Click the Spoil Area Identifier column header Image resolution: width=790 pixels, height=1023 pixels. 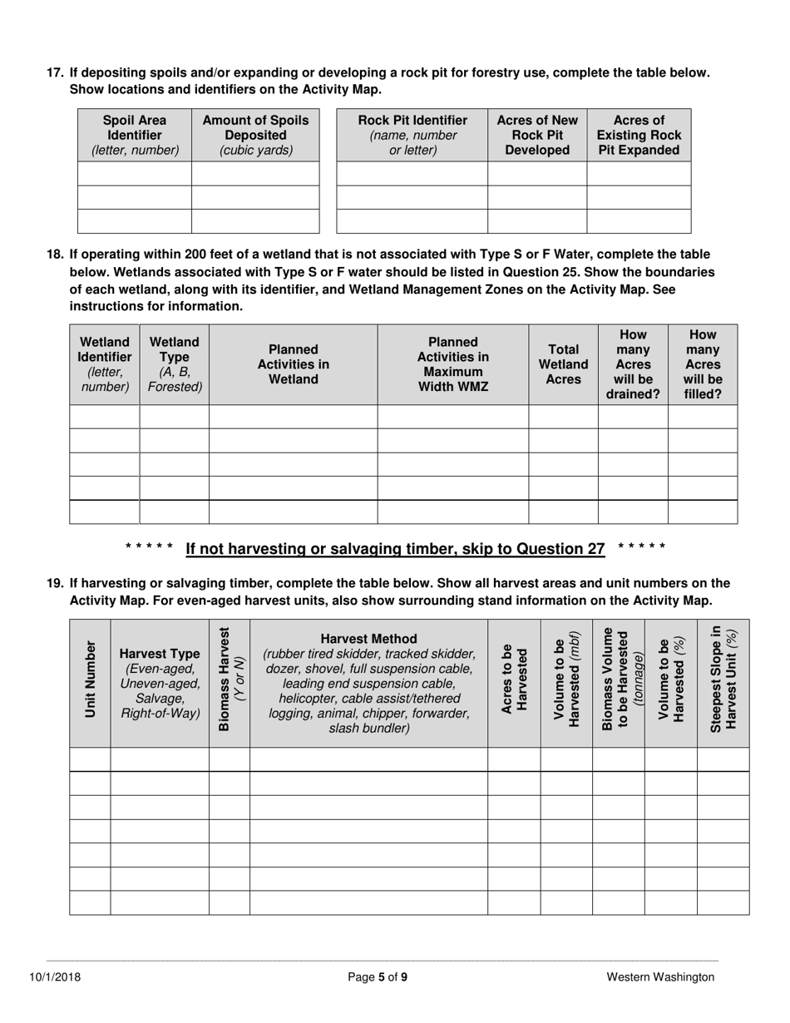[135, 135]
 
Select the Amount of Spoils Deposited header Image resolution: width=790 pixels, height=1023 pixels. [255, 135]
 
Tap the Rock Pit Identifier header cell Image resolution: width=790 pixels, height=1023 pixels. [412, 135]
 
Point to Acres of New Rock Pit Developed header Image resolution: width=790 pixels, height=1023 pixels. [536, 135]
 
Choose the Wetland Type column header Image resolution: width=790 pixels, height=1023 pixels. [174, 364]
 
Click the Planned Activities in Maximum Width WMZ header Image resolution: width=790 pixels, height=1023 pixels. [452, 364]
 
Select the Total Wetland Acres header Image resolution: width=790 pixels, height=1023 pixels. [563, 364]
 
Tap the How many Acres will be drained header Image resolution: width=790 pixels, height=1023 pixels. [632, 364]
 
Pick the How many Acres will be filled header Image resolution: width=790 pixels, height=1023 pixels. [702, 364]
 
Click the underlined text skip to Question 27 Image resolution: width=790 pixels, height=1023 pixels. [395, 548]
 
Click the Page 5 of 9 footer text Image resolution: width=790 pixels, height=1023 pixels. [377, 977]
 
